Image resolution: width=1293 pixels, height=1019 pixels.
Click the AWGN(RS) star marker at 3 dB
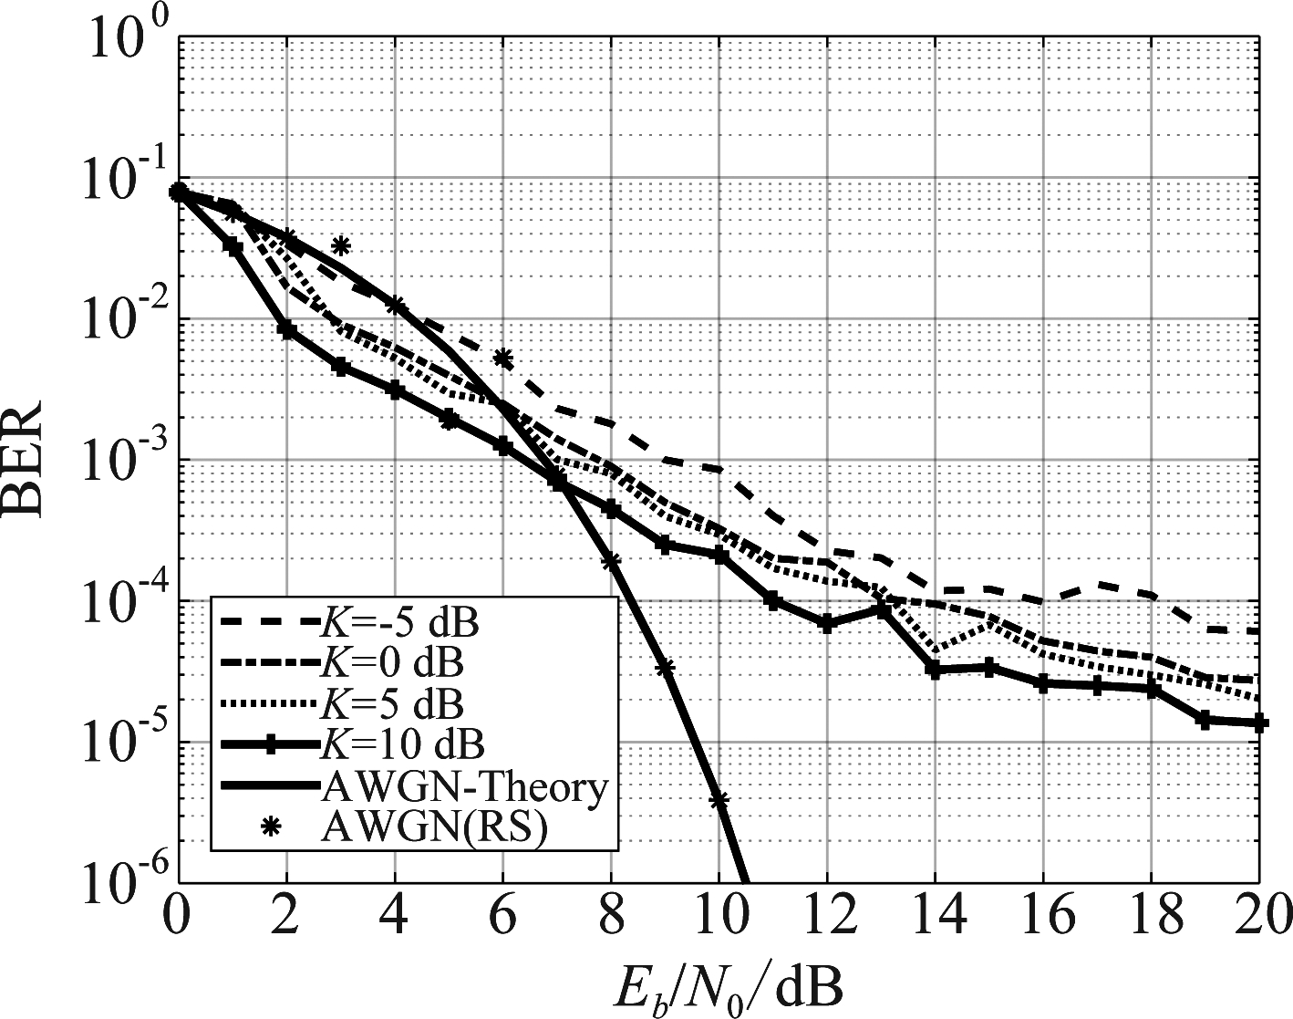point(341,245)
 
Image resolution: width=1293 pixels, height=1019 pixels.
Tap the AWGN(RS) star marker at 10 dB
point(719,800)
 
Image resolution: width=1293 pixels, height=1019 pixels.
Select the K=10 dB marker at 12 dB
point(827,624)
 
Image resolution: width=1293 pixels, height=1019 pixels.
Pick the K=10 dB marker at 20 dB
point(1259,723)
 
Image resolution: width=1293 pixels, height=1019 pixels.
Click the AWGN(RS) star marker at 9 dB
point(665,668)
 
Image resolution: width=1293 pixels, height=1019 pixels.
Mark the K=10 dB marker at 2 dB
point(287,330)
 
